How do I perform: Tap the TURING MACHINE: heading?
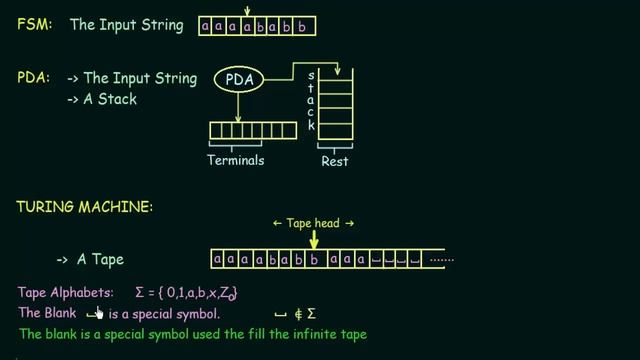click(84, 206)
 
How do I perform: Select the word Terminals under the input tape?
click(235, 160)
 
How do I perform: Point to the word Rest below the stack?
click(334, 160)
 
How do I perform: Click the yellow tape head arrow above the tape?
click(314, 238)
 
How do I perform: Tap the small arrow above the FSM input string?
click(246, 10)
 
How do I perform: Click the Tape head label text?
click(313, 223)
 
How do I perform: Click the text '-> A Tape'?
click(90, 260)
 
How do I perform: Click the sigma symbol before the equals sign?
click(140, 293)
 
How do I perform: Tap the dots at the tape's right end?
click(441, 260)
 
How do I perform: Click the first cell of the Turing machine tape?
click(217, 260)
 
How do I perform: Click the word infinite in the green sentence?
click(308, 333)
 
